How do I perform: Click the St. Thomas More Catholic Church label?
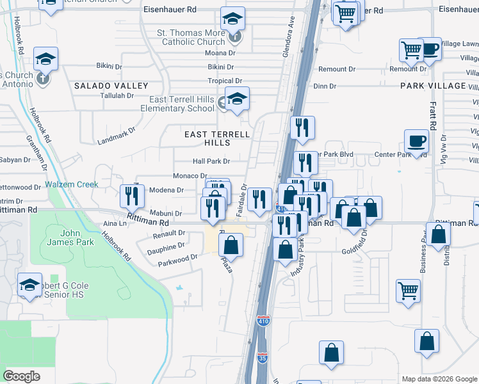point(191,37)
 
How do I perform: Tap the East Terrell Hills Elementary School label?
point(182,104)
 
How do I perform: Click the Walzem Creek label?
point(72,184)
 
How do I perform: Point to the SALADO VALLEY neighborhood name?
point(111,85)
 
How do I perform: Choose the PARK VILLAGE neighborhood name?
point(433,85)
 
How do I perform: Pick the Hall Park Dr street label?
point(211,161)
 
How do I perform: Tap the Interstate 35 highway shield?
point(263,358)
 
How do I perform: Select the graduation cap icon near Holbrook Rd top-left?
point(46,59)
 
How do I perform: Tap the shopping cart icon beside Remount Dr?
point(411,50)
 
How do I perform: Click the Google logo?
point(22,376)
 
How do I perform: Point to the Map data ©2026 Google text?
point(439,379)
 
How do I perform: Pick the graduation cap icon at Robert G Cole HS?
point(29,286)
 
